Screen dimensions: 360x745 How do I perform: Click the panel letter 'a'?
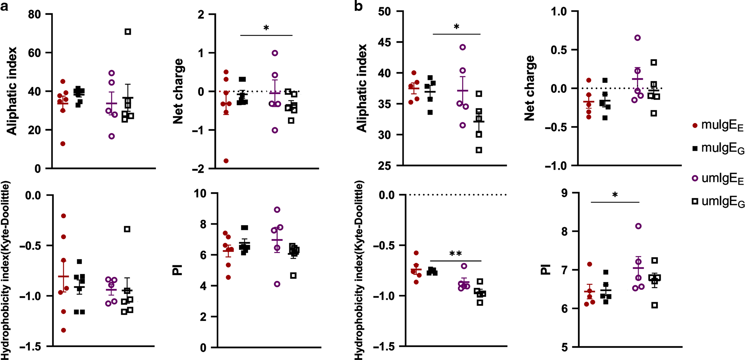point(4,7)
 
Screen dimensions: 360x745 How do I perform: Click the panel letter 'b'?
point(358,6)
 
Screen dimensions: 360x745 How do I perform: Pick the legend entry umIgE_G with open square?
point(718,202)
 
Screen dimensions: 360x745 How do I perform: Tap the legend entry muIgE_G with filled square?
point(718,148)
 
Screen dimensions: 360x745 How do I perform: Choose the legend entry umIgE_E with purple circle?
point(718,179)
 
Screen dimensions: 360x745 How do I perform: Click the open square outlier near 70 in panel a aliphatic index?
point(128,32)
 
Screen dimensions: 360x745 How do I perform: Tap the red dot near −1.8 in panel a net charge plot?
point(226,161)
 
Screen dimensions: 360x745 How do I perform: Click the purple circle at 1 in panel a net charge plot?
point(275,53)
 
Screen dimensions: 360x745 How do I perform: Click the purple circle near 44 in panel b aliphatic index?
point(463,47)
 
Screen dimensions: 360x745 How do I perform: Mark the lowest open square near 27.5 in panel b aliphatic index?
point(479,150)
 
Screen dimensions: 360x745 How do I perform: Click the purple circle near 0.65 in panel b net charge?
point(638,38)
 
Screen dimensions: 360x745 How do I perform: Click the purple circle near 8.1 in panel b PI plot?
point(638,226)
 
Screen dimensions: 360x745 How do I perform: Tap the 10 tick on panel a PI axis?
point(200,193)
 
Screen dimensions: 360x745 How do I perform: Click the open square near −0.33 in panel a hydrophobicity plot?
point(127,229)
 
